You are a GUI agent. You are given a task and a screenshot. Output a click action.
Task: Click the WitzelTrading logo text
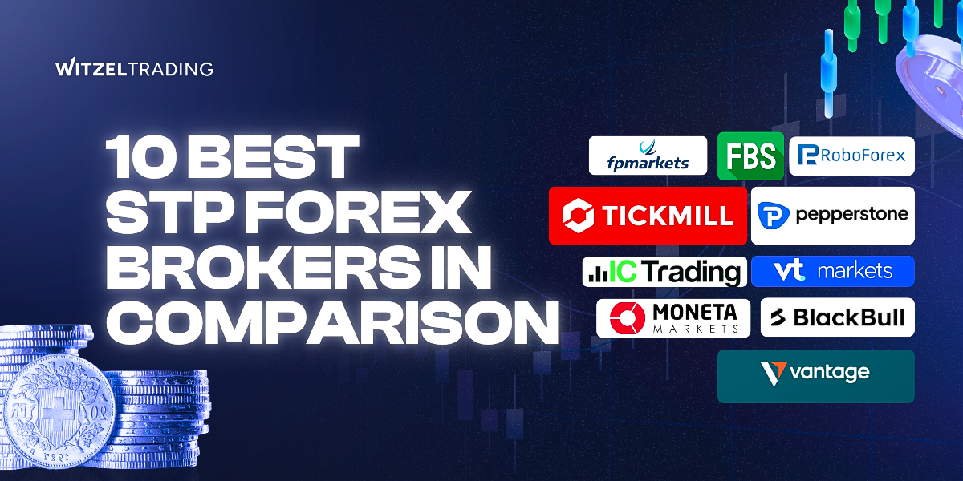click(x=135, y=68)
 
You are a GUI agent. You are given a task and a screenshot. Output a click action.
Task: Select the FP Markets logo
click(x=648, y=156)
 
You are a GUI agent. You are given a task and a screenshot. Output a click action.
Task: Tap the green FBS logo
click(x=750, y=156)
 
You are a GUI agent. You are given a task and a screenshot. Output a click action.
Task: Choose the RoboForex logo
click(x=852, y=156)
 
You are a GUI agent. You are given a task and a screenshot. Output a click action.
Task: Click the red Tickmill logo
click(x=648, y=215)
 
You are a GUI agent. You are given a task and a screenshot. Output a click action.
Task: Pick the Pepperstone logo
click(x=832, y=215)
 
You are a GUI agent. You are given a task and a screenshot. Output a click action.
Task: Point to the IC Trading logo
click(x=664, y=272)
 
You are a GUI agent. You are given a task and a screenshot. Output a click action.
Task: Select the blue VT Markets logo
click(x=832, y=271)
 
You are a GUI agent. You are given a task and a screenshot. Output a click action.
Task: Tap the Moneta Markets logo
click(x=672, y=318)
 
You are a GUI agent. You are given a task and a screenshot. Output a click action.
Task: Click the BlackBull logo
click(x=837, y=318)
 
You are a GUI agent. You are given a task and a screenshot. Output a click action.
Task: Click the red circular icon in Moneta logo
click(x=628, y=318)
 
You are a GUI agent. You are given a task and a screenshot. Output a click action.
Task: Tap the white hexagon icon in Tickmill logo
click(x=578, y=215)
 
